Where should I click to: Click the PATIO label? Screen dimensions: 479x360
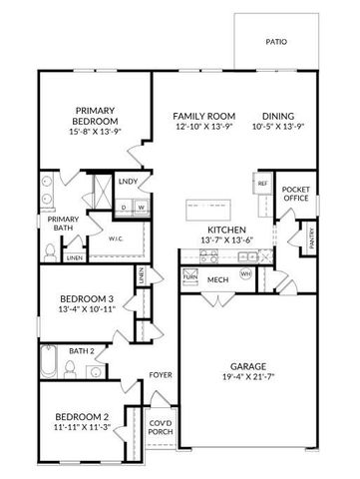pos(276,42)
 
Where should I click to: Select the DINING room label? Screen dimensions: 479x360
pos(278,115)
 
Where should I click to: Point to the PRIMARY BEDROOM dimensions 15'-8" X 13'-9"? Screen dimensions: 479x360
pos(96,132)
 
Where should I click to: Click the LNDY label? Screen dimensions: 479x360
pos(128,182)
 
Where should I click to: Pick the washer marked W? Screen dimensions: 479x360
pos(142,207)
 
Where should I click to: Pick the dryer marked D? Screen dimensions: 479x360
pos(124,207)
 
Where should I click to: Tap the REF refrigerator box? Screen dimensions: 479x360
pos(262,185)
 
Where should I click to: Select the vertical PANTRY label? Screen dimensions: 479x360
pos(312,239)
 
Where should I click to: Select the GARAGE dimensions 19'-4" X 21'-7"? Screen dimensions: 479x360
pos(248,378)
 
